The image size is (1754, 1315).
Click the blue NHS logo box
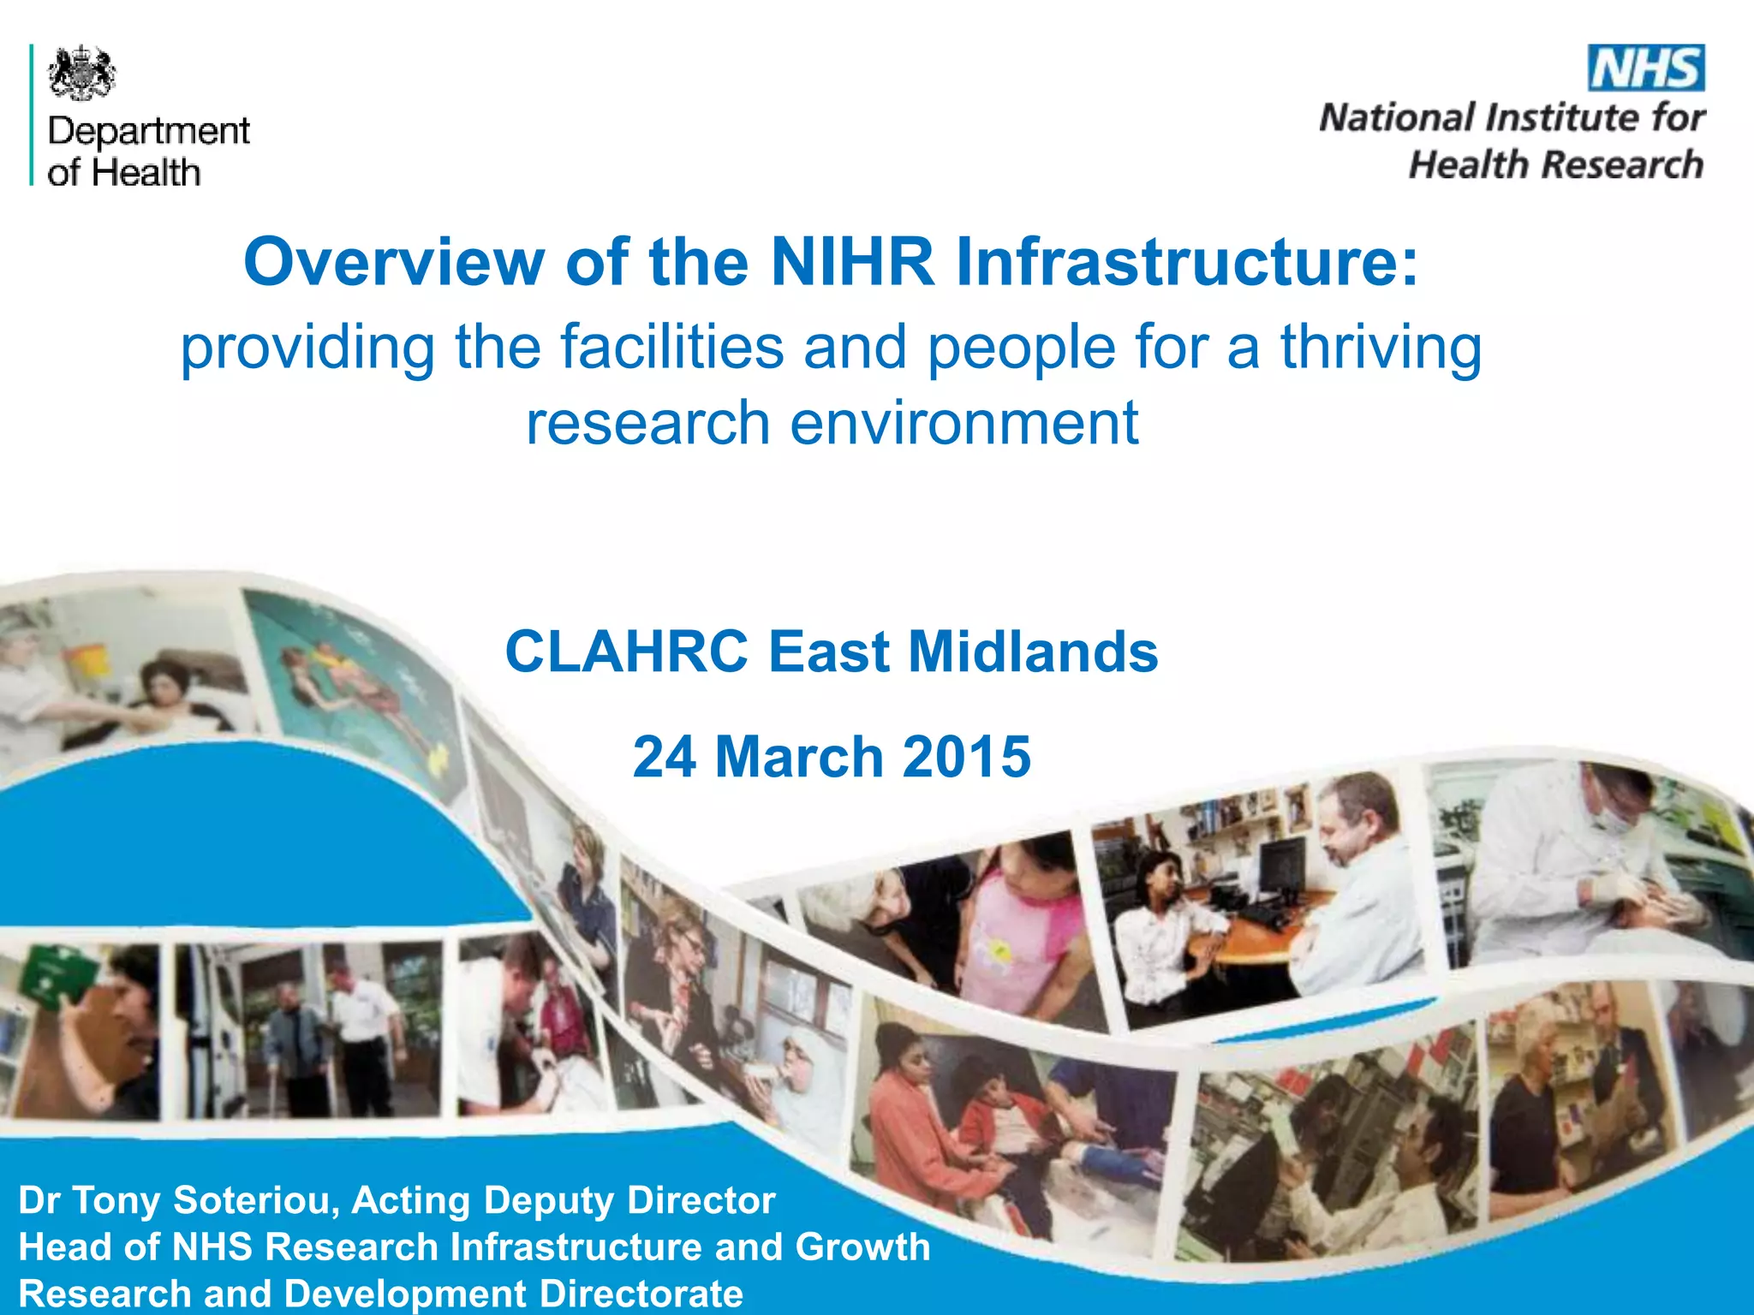click(x=1646, y=68)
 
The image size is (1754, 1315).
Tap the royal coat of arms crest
click(x=81, y=74)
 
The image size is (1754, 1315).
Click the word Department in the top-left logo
click(x=149, y=132)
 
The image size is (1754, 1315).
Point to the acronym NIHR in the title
click(x=852, y=261)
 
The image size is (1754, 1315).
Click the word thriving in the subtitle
click(x=1381, y=348)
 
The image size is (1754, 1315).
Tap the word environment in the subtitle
click(x=964, y=423)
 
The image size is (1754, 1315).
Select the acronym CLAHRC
click(x=627, y=652)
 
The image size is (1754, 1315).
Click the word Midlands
click(x=1033, y=652)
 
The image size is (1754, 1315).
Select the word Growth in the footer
click(x=862, y=1247)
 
